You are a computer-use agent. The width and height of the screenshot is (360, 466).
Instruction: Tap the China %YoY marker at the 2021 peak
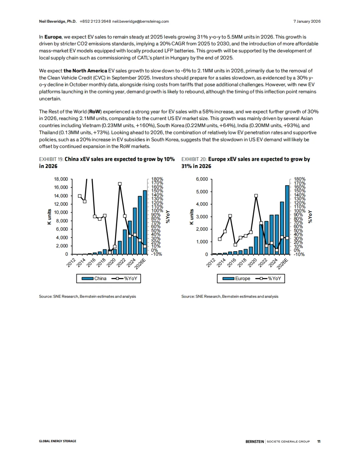point(120,184)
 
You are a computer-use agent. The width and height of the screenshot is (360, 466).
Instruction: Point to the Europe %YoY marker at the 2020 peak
point(256,196)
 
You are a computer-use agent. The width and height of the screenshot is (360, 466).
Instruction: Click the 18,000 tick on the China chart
point(61,179)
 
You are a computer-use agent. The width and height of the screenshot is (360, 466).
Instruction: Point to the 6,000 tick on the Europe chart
point(202,179)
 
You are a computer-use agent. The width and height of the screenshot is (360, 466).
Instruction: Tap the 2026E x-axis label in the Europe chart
point(283,263)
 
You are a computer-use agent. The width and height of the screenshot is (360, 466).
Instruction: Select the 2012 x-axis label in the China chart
point(71,262)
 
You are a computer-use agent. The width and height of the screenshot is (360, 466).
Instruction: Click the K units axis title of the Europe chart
point(192,217)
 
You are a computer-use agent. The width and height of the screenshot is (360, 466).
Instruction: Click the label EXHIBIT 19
point(51,159)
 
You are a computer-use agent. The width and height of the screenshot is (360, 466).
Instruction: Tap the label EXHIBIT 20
point(194,159)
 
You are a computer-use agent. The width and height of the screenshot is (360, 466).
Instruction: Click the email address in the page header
point(140,21)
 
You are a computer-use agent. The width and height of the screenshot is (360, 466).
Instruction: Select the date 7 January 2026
point(307,21)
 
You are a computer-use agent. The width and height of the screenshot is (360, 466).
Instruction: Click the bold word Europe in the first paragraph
point(53,37)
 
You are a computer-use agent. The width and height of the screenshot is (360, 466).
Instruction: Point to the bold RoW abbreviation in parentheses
point(95,112)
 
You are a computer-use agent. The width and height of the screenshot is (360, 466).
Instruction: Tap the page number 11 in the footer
point(319,441)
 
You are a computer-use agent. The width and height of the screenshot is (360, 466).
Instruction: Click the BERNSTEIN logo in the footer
point(255,441)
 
